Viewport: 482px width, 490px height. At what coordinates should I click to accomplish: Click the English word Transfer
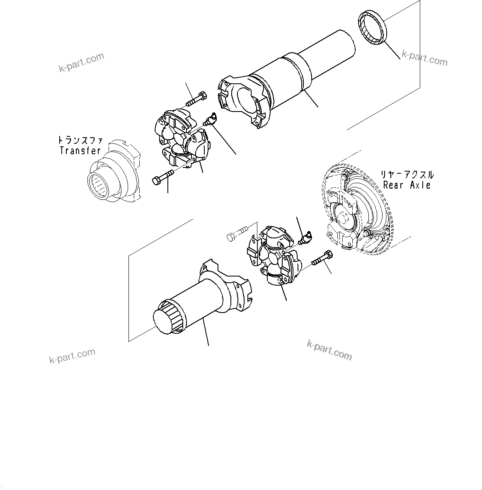click(80, 150)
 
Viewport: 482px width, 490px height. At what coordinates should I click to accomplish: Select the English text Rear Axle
click(407, 185)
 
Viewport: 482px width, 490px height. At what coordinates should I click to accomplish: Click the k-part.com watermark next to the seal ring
click(424, 58)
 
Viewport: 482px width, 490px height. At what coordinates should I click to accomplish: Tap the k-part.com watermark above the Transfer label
click(81, 63)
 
